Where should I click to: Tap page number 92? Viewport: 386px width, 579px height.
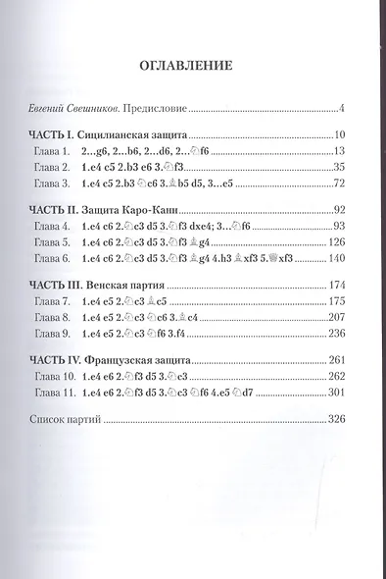[329, 210]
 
